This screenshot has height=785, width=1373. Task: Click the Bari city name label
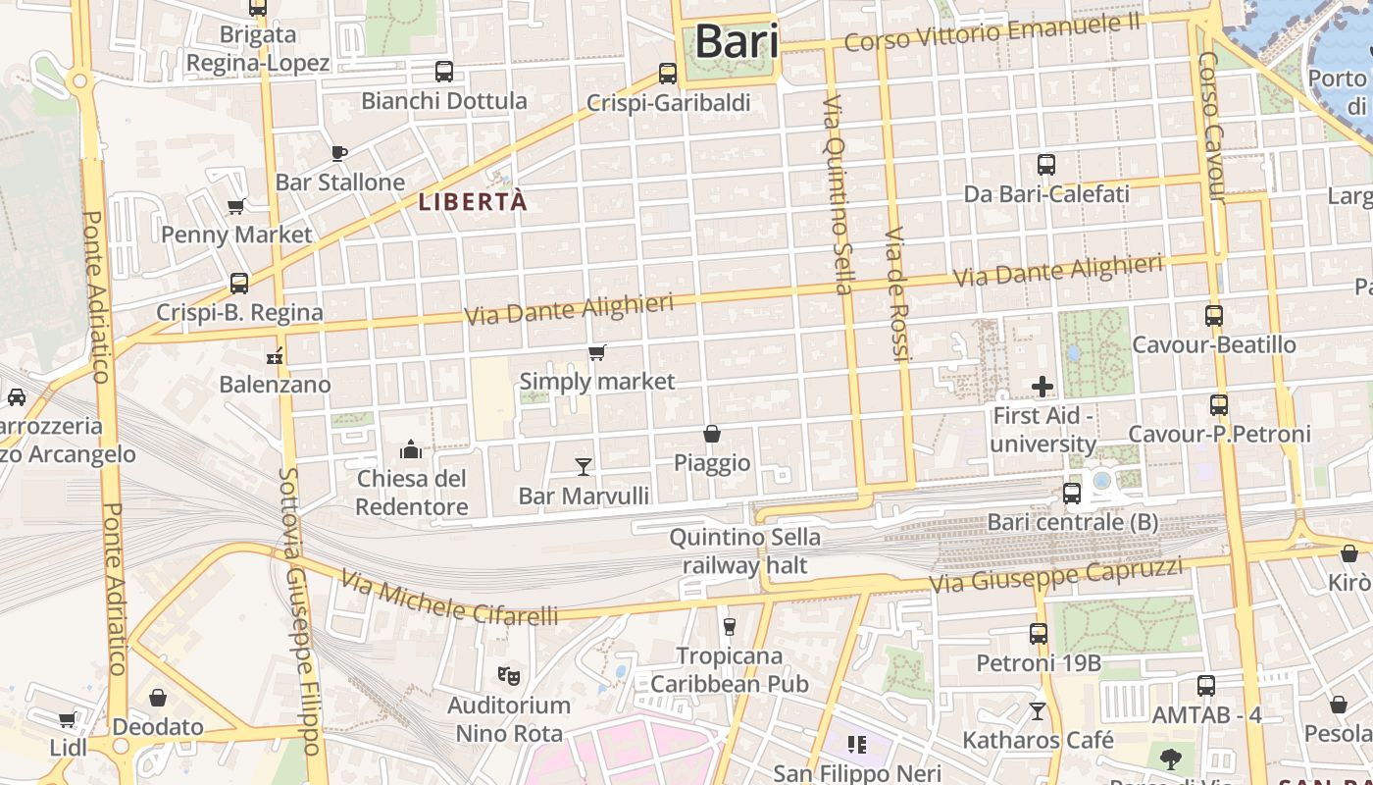point(737,42)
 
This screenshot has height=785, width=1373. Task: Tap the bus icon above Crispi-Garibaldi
point(668,73)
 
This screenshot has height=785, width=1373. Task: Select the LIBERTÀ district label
point(473,202)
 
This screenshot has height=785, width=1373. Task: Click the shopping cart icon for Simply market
point(596,352)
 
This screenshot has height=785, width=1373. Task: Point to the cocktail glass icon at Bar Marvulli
point(584,466)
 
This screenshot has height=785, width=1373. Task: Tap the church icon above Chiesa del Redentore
point(411,449)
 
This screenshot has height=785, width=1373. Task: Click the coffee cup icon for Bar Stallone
point(339,153)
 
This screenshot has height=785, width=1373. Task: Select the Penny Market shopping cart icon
point(235,206)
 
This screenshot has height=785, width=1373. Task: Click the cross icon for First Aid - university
point(1042,387)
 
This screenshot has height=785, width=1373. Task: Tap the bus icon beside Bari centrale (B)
point(1072,493)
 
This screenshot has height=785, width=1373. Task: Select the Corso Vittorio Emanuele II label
point(992,31)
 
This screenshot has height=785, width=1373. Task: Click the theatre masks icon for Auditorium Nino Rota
point(508,675)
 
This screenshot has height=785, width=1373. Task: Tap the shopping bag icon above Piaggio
point(712,434)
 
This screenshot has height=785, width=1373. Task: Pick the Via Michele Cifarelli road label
point(450,600)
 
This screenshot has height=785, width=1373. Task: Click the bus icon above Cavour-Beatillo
point(1214,316)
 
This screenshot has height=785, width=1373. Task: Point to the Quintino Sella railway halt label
point(744,550)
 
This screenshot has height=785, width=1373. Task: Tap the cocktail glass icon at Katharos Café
point(1038,710)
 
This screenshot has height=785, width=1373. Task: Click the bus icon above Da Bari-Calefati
point(1046,165)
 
